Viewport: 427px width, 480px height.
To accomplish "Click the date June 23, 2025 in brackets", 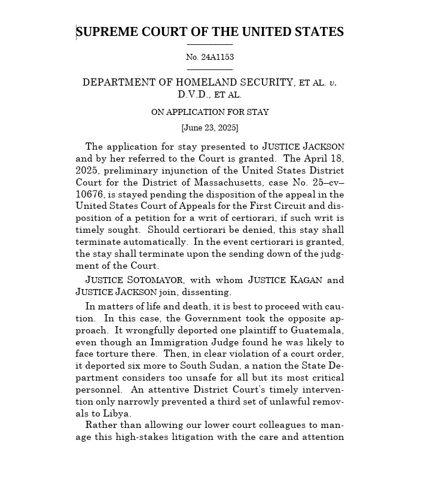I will click(x=209, y=127).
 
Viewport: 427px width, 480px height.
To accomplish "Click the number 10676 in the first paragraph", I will click(x=90, y=194).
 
